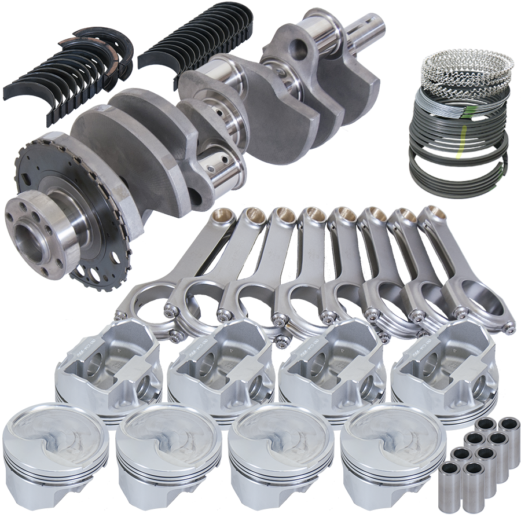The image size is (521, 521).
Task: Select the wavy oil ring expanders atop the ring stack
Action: (466, 67)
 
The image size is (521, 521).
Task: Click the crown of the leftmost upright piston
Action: (55, 431)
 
